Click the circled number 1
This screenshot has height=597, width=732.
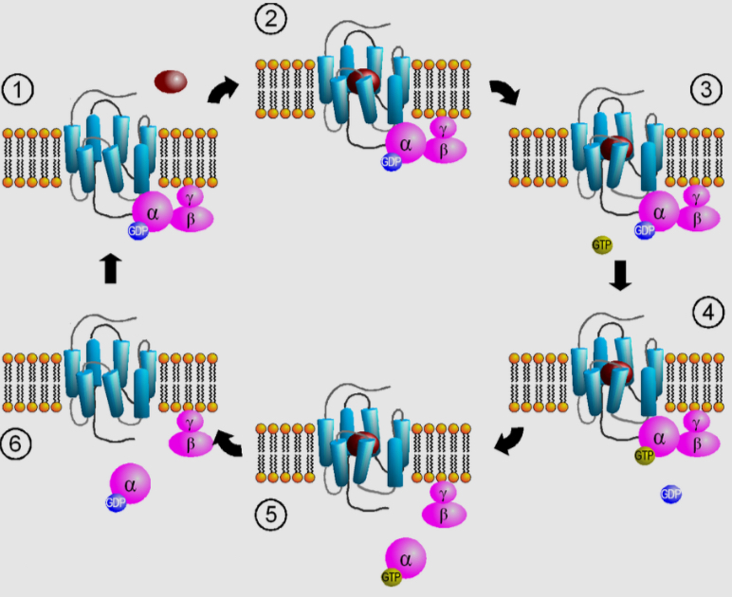[18, 91]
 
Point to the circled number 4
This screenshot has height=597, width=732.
[706, 312]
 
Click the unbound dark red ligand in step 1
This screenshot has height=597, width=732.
[171, 81]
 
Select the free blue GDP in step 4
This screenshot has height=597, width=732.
[671, 494]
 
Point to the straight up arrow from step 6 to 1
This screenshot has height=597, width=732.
[110, 269]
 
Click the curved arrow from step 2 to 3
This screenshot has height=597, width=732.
[503, 92]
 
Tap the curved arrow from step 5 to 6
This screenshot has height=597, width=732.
[228, 440]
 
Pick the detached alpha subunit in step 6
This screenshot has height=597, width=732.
[131, 483]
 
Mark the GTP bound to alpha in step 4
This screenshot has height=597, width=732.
[645, 456]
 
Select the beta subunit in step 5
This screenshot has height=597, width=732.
[443, 515]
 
